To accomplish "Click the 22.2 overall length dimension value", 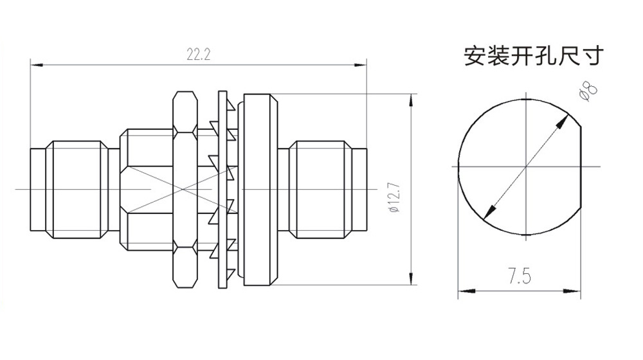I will coord(199,55).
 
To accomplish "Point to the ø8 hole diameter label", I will coord(588,91).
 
